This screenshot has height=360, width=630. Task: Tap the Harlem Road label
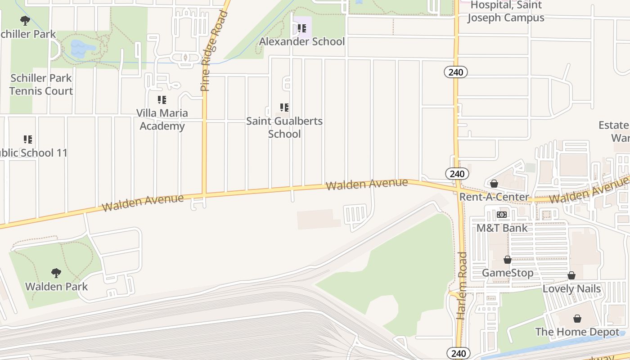click(x=462, y=286)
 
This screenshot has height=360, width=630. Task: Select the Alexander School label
click(x=302, y=42)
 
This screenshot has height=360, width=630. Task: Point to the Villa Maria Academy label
click(x=162, y=119)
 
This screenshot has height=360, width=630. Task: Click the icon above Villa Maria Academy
click(x=162, y=100)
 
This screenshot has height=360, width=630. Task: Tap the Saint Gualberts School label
click(x=284, y=127)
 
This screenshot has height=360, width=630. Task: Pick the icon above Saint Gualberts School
click(x=284, y=108)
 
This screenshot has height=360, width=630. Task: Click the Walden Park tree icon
click(x=56, y=273)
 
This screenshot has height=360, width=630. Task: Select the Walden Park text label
click(x=56, y=287)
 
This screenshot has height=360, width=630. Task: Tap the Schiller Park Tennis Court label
click(x=41, y=85)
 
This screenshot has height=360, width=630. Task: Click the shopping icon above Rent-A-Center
click(x=494, y=184)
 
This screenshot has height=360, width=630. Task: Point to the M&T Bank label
click(x=502, y=228)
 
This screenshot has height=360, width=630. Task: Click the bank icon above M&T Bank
click(x=502, y=215)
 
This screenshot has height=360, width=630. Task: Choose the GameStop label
click(x=508, y=273)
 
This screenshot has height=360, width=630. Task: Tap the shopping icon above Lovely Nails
click(x=571, y=275)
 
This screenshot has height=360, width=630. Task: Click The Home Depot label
click(x=577, y=332)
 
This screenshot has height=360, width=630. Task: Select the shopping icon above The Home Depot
click(x=577, y=319)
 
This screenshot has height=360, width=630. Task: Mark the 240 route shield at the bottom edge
click(x=458, y=353)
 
